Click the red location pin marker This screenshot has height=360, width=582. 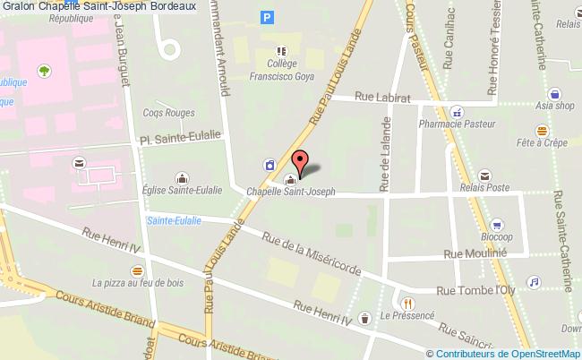coord(301,163)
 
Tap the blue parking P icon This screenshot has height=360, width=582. coord(267,16)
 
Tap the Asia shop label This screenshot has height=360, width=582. coord(554,105)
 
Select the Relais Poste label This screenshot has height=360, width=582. coord(484,188)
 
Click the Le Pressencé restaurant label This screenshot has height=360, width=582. coord(407,316)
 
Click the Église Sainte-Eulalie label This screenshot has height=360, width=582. coord(183,189)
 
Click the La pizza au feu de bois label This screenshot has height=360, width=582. coord(137,283)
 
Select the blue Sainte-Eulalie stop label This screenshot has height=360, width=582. coord(175,220)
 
